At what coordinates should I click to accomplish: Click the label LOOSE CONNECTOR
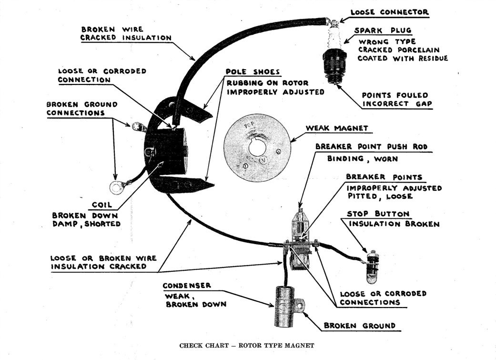coord(389,12)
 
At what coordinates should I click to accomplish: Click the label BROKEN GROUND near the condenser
coord(360,326)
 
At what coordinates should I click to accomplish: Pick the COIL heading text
coord(102,205)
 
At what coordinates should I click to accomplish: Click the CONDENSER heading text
coord(186,286)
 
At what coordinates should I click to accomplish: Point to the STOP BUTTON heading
coord(378,214)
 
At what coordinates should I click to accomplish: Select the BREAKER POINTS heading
coord(384,177)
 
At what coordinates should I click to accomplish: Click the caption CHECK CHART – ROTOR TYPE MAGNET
coord(247,345)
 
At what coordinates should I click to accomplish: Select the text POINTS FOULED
coord(395,95)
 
